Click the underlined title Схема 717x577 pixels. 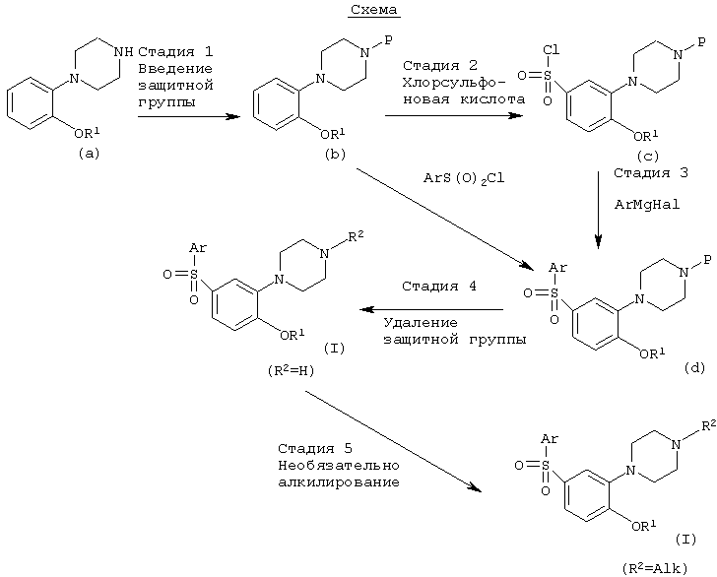374,10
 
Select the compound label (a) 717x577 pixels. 89,154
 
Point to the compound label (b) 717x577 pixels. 335,155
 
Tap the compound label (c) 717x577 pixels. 648,157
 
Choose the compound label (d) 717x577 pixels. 694,367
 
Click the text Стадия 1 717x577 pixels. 175,51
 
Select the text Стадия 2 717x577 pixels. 440,65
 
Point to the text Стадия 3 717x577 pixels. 651,173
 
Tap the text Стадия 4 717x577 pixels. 439,287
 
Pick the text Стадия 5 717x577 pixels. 315,448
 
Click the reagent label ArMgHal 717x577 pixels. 647,205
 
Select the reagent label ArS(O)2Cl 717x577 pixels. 464,178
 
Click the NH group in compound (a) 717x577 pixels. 124,51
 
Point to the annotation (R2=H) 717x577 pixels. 292,370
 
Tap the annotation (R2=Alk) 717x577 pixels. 655,568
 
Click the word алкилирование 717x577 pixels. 339,482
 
